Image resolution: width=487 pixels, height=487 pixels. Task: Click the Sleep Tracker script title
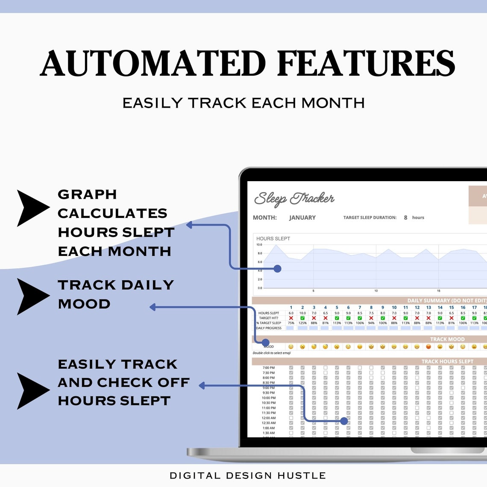pyautogui.click(x=294, y=199)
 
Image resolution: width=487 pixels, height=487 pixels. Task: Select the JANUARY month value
pyautogui.click(x=302, y=217)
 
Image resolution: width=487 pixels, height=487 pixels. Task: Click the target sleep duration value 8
pyautogui.click(x=405, y=217)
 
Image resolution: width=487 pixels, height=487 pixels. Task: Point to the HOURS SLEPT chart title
pyautogui.click(x=273, y=238)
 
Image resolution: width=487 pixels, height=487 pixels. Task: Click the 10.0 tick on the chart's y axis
pyautogui.click(x=259, y=245)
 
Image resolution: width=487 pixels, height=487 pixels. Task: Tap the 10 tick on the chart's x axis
pyautogui.click(x=376, y=291)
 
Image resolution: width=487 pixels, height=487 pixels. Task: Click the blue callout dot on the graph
pyautogui.click(x=277, y=269)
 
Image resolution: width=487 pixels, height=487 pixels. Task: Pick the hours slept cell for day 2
pyautogui.click(x=302, y=313)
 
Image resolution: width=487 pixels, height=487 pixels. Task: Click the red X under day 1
pyautogui.click(x=291, y=318)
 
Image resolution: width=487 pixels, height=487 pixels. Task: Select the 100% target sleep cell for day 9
pyautogui.click(x=383, y=323)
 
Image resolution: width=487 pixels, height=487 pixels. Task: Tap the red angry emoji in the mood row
pyautogui.click(x=428, y=346)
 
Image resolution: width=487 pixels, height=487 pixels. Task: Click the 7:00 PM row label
pyautogui.click(x=269, y=368)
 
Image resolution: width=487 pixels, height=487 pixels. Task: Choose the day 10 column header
pyautogui.click(x=394, y=308)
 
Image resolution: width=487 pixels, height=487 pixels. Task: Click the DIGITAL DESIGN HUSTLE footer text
pyautogui.click(x=248, y=475)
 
